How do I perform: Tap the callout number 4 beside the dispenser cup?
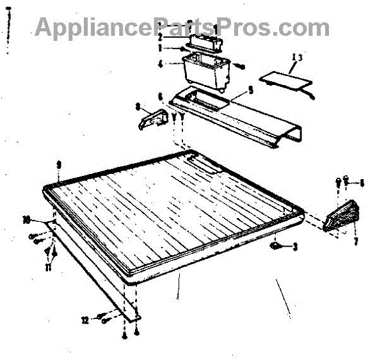coord(159,64)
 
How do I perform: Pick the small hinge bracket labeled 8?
coord(152,120)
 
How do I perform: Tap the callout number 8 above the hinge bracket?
coord(138,109)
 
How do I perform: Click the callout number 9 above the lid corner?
coord(58,164)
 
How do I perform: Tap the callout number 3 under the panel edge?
coord(295,246)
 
